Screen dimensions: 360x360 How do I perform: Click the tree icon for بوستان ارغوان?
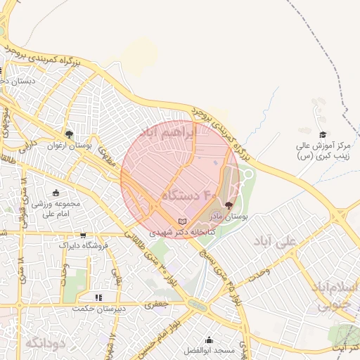(69, 134)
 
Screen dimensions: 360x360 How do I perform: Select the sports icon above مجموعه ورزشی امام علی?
(57, 193)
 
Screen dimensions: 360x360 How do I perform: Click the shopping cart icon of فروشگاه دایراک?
(84, 236)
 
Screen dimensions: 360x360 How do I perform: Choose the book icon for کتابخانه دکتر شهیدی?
(184, 221)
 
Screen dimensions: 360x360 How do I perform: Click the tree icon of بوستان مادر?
(228, 205)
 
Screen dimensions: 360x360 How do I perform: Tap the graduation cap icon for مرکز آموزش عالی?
(323, 135)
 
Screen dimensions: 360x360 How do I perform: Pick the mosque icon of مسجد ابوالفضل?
(209, 340)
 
